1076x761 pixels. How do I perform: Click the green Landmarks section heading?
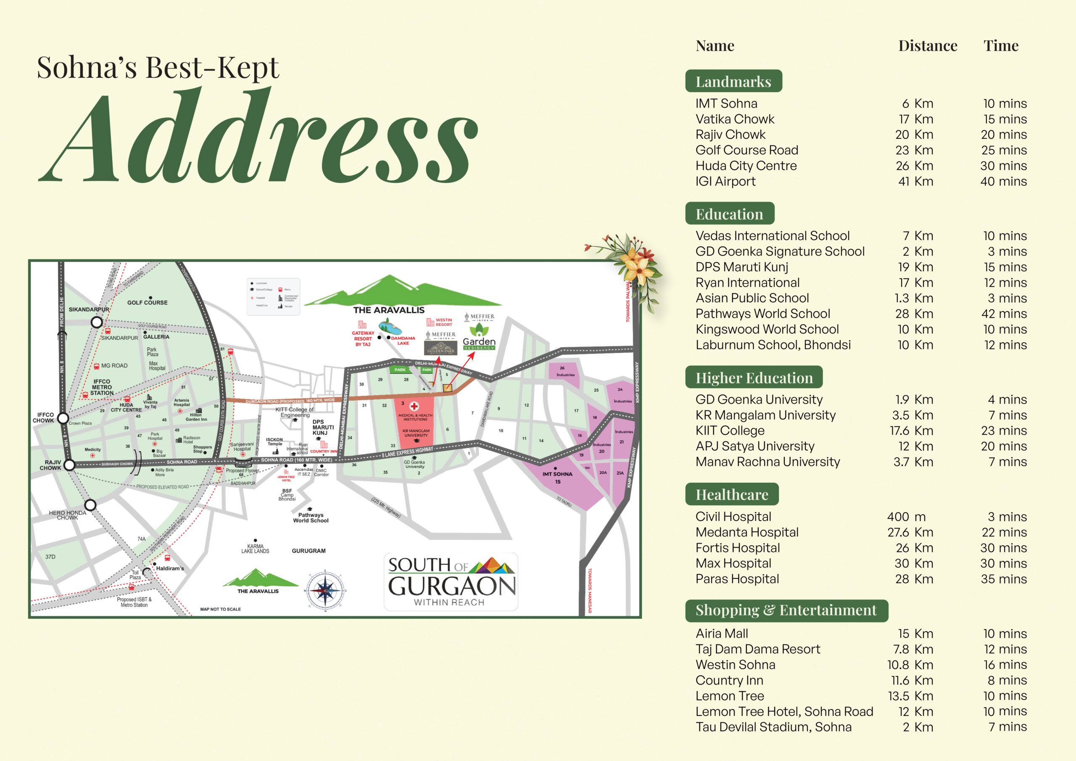point(733,82)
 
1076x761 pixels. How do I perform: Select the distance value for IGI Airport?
point(916,182)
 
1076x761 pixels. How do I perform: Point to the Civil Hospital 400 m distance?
point(906,517)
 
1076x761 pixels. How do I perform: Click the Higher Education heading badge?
point(754,378)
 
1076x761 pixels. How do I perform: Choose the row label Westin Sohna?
point(735,664)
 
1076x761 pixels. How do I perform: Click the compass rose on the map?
point(325,591)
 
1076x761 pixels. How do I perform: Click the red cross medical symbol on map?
point(414,406)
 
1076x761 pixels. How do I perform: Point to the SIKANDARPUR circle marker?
point(97,322)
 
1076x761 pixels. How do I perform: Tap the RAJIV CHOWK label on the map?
point(50,465)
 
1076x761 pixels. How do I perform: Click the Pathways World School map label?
point(311,517)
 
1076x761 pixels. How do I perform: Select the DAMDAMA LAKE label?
point(403,341)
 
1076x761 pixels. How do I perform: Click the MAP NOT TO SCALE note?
point(220,609)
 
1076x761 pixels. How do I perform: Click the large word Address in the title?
point(258,136)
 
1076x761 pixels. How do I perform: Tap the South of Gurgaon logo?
point(451,581)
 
